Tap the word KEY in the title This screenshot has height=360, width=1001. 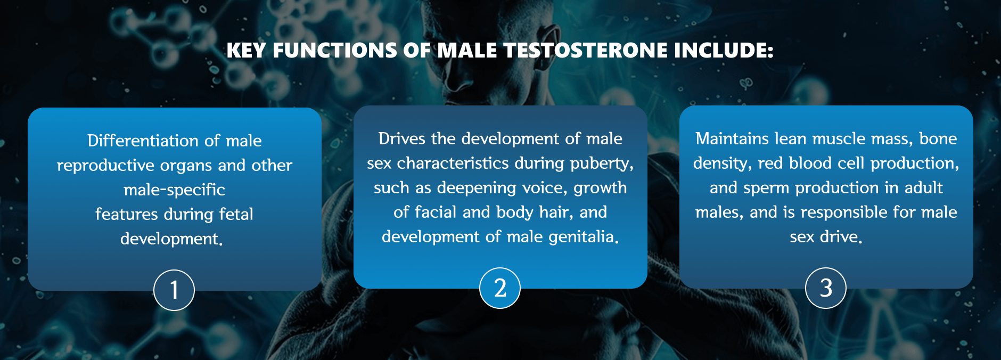246,51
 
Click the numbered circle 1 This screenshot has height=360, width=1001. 174,290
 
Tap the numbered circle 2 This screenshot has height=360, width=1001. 500,288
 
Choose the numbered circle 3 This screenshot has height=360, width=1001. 826,288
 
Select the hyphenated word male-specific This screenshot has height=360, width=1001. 174,190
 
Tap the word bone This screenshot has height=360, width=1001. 938,138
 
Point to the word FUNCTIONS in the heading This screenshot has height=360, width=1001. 334,51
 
